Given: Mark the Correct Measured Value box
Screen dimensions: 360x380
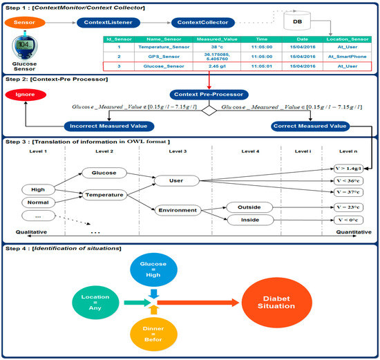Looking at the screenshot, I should [308, 126].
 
